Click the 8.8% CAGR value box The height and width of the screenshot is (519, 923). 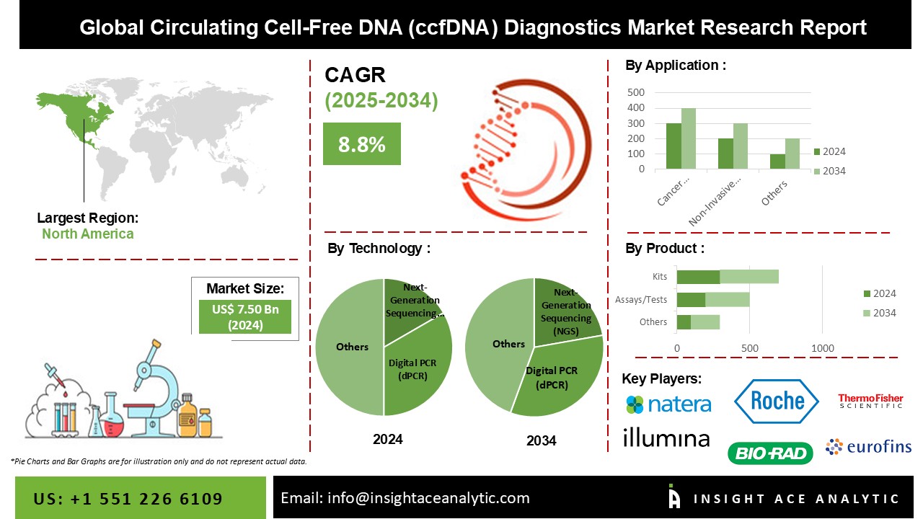coord(361,143)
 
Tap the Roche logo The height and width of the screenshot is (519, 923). coord(777,400)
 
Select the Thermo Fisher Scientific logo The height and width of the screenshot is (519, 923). coord(870,402)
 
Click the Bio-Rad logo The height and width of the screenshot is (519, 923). coord(770,453)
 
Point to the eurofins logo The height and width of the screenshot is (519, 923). coord(869,447)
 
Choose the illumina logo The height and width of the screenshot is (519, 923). coord(666,438)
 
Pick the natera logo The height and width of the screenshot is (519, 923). coord(668,404)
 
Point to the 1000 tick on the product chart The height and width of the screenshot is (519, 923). coord(823,349)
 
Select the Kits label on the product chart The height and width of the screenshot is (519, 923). coord(659,276)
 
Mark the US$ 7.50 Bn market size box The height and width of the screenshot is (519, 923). coord(244,317)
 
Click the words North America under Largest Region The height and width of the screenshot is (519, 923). coord(87,234)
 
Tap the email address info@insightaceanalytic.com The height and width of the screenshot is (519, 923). coord(405,497)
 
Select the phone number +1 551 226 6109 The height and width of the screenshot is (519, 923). coord(128,499)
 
